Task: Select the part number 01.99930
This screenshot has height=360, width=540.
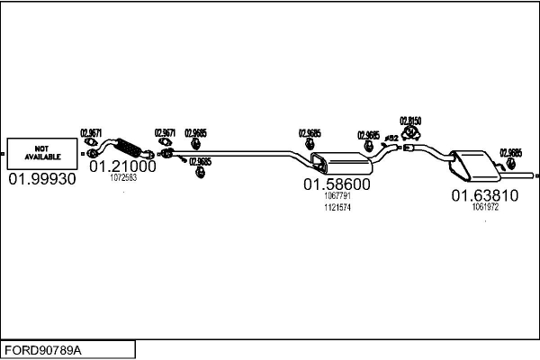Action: point(42,180)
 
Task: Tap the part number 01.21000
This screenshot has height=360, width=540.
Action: point(122,166)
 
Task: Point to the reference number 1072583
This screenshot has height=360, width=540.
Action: point(122,178)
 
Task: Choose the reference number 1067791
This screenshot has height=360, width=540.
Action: point(337,197)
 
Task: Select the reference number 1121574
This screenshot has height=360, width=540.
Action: point(337,208)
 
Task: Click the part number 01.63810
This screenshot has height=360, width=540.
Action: point(485,195)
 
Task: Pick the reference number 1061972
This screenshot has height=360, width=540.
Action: point(485,207)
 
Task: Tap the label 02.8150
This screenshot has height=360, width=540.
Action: point(410,120)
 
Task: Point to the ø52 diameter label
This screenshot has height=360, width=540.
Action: point(392,138)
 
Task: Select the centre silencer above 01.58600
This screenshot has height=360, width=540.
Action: point(340,164)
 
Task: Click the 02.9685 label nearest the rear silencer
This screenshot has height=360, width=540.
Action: point(510,152)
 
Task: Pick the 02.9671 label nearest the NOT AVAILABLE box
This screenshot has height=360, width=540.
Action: point(92,132)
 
